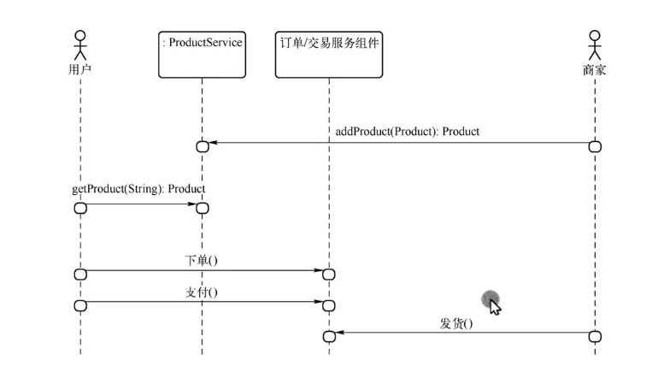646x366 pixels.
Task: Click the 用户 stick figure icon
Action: point(80,44)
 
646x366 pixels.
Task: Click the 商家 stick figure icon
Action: point(595,44)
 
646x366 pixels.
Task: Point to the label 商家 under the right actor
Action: point(595,70)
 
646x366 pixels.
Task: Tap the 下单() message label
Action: point(202,259)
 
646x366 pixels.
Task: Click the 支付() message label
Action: point(202,292)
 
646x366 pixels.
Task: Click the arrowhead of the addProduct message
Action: point(214,143)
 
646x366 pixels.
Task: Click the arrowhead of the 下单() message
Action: point(317,271)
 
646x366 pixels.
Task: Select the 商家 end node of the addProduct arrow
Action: point(596,147)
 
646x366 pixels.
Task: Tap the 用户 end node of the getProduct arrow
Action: point(80,208)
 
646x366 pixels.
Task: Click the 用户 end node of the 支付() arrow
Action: point(80,305)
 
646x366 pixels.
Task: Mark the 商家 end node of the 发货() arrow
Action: point(596,336)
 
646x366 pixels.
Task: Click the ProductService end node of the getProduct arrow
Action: point(203,208)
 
